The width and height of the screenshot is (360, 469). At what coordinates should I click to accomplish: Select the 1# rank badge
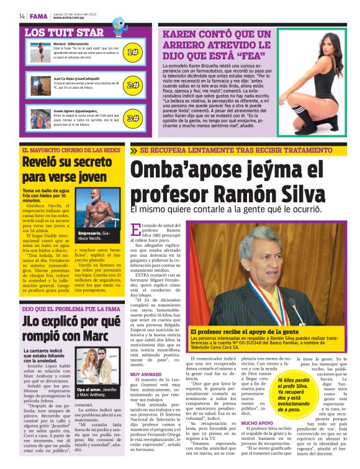point(132,53)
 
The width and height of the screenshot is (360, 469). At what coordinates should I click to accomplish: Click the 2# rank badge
point(132,85)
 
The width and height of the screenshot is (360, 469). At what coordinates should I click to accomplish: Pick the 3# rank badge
point(132,117)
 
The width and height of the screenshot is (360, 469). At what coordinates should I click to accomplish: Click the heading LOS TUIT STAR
point(64,32)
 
